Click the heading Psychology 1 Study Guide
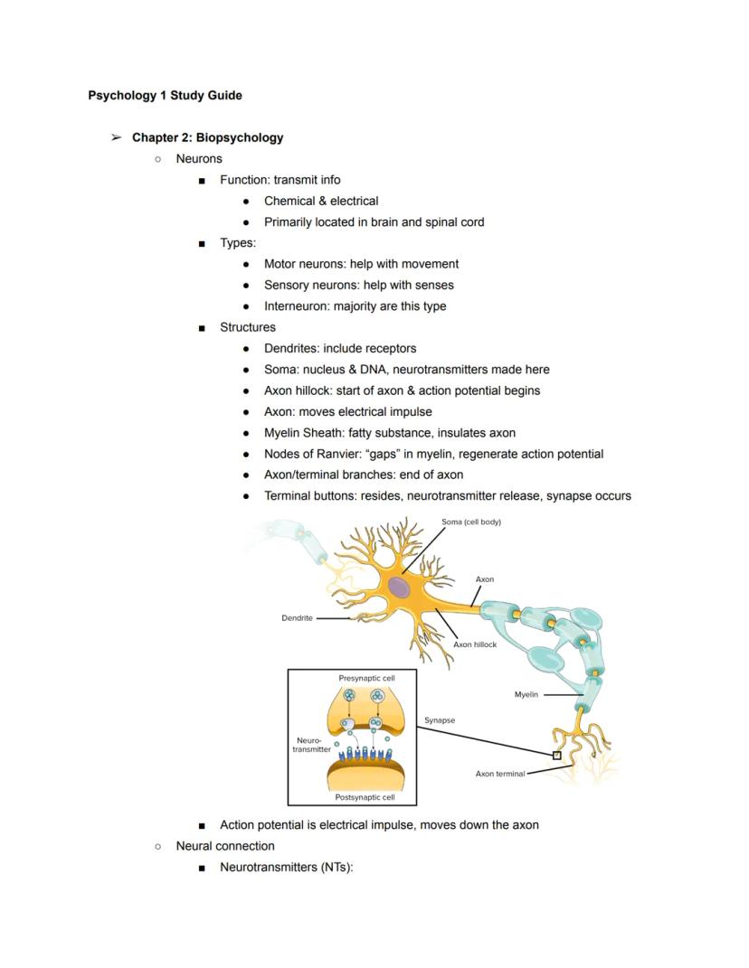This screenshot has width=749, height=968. (165, 95)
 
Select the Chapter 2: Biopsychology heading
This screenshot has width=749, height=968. (207, 137)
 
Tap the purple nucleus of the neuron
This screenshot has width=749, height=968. (399, 587)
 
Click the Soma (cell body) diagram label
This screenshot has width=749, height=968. (470, 522)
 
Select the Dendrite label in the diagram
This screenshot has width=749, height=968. (297, 618)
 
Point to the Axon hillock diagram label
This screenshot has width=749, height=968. (475, 644)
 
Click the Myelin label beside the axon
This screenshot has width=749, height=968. (526, 695)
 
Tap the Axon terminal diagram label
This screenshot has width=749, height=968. (499, 774)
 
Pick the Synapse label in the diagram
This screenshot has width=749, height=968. (440, 720)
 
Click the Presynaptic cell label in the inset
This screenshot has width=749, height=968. (366, 677)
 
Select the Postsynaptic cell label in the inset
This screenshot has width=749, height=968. (365, 797)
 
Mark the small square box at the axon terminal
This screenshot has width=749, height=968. (556, 755)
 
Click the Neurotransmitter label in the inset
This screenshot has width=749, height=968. (311, 745)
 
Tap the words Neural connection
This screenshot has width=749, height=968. (225, 846)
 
